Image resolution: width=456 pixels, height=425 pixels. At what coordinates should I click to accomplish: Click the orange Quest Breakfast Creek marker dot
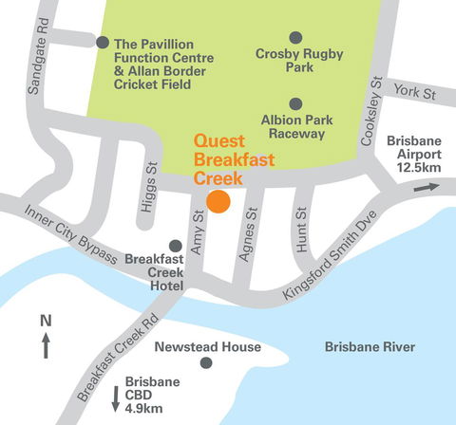pos(219,201)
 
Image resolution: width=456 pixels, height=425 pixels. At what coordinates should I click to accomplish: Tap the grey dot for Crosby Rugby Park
pos(295,38)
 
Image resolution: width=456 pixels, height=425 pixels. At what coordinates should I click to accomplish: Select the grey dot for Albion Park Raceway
pos(295,103)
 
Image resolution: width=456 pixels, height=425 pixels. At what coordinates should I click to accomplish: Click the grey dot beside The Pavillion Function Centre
pos(103,43)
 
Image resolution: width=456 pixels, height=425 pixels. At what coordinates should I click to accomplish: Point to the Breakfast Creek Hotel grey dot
pos(175,246)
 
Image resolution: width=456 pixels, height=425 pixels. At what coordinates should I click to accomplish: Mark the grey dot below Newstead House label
pos(206,363)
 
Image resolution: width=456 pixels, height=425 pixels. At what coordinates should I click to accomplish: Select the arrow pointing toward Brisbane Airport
pos(427,188)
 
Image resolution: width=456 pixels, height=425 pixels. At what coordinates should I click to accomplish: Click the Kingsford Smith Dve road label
pos(330,263)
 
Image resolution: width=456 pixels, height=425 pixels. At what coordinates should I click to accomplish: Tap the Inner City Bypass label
pos(70,235)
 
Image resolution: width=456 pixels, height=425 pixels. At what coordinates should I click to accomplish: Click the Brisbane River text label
pos(370,348)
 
